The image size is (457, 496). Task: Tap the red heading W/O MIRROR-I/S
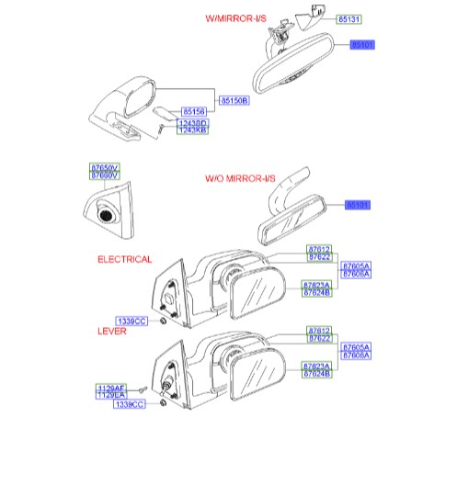(238, 179)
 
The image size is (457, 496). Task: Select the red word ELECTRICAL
(124, 260)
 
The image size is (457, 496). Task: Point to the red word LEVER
(112, 331)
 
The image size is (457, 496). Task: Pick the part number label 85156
(193, 111)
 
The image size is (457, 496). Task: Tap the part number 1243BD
(193, 123)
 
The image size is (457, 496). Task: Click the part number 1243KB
(193, 130)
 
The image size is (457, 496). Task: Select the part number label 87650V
(104, 166)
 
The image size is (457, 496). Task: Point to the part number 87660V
(104, 174)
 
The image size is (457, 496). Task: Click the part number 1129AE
(110, 389)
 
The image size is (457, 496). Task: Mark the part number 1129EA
(110, 396)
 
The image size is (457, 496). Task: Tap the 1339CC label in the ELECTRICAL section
(131, 321)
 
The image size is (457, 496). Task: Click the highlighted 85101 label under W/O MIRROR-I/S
(357, 205)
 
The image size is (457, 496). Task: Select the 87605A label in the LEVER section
(356, 348)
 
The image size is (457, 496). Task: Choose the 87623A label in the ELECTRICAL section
(316, 286)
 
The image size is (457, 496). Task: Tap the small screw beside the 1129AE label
(144, 390)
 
